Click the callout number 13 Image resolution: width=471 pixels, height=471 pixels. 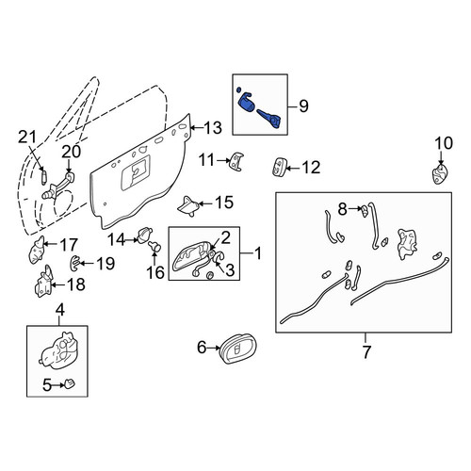[213, 128]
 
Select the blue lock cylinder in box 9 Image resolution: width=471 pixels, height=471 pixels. [246, 105]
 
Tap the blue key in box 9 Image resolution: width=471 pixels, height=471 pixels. [269, 119]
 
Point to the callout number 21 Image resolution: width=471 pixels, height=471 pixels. [27, 137]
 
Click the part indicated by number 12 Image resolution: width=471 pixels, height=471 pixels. [278, 167]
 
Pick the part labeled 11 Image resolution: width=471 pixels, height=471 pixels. [237, 161]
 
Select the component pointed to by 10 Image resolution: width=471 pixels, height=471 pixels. [440, 175]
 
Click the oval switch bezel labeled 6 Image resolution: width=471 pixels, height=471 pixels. [238, 349]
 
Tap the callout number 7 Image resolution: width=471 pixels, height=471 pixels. [365, 351]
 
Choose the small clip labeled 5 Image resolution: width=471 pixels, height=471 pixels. [70, 383]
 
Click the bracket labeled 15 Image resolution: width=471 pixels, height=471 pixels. [188, 206]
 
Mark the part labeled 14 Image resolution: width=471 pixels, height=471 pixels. [145, 235]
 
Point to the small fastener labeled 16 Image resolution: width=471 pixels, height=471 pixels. [154, 247]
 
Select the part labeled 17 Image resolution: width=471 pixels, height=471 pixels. [37, 250]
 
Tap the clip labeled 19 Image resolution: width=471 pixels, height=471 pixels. [74, 263]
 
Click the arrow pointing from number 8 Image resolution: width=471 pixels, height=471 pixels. [355, 208]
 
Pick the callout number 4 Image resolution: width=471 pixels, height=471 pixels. [60, 310]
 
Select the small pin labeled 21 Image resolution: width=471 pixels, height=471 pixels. [44, 177]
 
